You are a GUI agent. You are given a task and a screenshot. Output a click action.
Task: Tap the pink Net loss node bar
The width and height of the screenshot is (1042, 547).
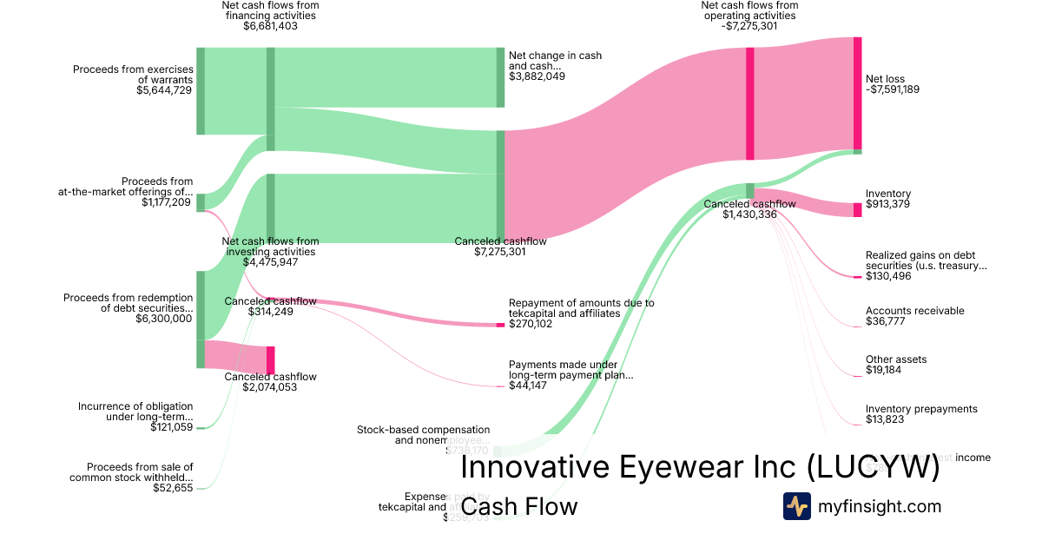(x=857, y=94)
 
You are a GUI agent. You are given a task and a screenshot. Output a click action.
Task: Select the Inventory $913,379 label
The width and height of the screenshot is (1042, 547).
(x=887, y=199)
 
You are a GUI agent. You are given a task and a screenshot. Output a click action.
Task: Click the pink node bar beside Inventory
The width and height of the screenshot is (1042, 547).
(x=857, y=209)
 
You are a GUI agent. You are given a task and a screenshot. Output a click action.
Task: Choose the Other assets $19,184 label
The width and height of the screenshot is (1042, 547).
(x=895, y=365)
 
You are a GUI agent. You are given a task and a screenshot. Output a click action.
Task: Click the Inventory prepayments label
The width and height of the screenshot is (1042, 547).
(x=921, y=409)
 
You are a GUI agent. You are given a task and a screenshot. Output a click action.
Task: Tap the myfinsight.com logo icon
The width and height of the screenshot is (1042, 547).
(x=796, y=506)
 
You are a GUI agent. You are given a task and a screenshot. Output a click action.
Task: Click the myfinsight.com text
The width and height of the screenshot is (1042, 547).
(x=879, y=506)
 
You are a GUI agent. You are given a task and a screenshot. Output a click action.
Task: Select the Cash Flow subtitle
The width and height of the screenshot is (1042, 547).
(x=518, y=506)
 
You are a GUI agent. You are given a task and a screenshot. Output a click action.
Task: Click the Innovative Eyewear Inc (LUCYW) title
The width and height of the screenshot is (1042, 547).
(x=699, y=467)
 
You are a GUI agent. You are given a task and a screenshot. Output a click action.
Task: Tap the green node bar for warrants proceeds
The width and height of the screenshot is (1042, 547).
(x=201, y=91)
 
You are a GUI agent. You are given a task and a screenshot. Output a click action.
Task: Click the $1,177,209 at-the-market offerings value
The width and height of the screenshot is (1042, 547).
(x=167, y=202)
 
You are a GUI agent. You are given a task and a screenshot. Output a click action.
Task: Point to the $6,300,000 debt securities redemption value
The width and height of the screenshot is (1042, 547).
(x=164, y=319)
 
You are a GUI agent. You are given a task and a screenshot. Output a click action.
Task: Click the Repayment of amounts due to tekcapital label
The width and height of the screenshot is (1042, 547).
(x=581, y=308)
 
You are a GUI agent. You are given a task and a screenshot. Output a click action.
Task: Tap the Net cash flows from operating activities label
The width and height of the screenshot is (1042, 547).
(x=749, y=16)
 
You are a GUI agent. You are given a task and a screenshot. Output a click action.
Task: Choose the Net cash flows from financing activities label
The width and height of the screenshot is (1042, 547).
(x=270, y=16)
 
